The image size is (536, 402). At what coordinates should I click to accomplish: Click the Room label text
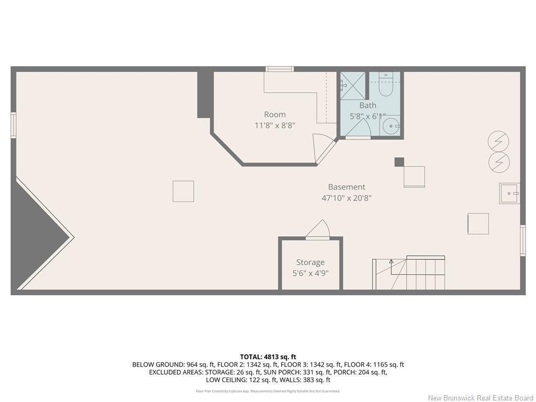[x=275, y=115]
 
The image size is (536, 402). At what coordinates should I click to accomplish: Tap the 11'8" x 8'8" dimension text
[x=275, y=125]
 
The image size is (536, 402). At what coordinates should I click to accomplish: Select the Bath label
[x=367, y=105]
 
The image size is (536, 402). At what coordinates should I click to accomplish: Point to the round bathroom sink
[x=390, y=126]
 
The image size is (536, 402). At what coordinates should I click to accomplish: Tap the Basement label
[x=347, y=187]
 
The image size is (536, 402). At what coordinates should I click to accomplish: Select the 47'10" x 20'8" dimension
[x=347, y=198]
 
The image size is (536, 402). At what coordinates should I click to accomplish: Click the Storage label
[x=310, y=262]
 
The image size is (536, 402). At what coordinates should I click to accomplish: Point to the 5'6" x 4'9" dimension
[x=310, y=273]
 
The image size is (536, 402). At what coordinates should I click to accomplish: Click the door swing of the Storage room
[x=318, y=230]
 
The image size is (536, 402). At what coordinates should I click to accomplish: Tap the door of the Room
[x=322, y=147]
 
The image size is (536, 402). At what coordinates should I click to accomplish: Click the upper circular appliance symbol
[x=498, y=141]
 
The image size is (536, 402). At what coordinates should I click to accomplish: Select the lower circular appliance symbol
[x=499, y=162]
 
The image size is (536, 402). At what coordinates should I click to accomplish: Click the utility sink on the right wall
[x=509, y=193]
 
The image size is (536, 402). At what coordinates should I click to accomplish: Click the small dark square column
[x=399, y=162]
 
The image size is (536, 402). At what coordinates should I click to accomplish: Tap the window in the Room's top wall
[x=280, y=69]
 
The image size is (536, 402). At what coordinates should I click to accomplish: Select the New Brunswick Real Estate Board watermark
[x=481, y=398]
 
